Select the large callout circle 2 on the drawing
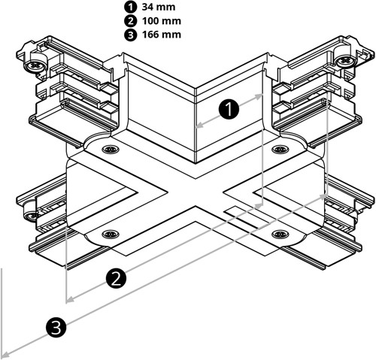coord(115,279)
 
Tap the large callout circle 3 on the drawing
coord(55,326)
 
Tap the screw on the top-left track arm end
coord(35,66)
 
